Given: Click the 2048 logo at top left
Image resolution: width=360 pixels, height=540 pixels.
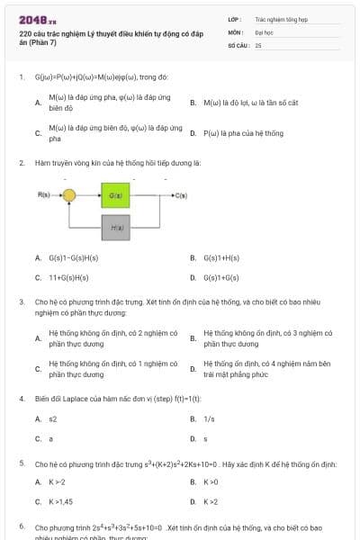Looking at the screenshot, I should coord(32,20).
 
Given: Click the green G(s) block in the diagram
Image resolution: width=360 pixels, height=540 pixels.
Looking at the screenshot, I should coord(115,195).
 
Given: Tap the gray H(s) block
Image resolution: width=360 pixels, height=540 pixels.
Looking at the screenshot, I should coord(115,228).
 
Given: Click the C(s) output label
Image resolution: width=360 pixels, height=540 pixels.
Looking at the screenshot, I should coord(181,195).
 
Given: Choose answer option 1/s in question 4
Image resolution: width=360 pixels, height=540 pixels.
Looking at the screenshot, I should coord(209,418).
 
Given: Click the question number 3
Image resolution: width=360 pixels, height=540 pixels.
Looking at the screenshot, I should coord(22,302).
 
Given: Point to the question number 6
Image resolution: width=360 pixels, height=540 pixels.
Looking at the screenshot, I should coord(22,526).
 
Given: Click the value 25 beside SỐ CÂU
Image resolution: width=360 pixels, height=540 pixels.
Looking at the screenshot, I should coord(258,44).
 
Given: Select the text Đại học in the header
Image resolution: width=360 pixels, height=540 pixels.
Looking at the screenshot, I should coord(264,31).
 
